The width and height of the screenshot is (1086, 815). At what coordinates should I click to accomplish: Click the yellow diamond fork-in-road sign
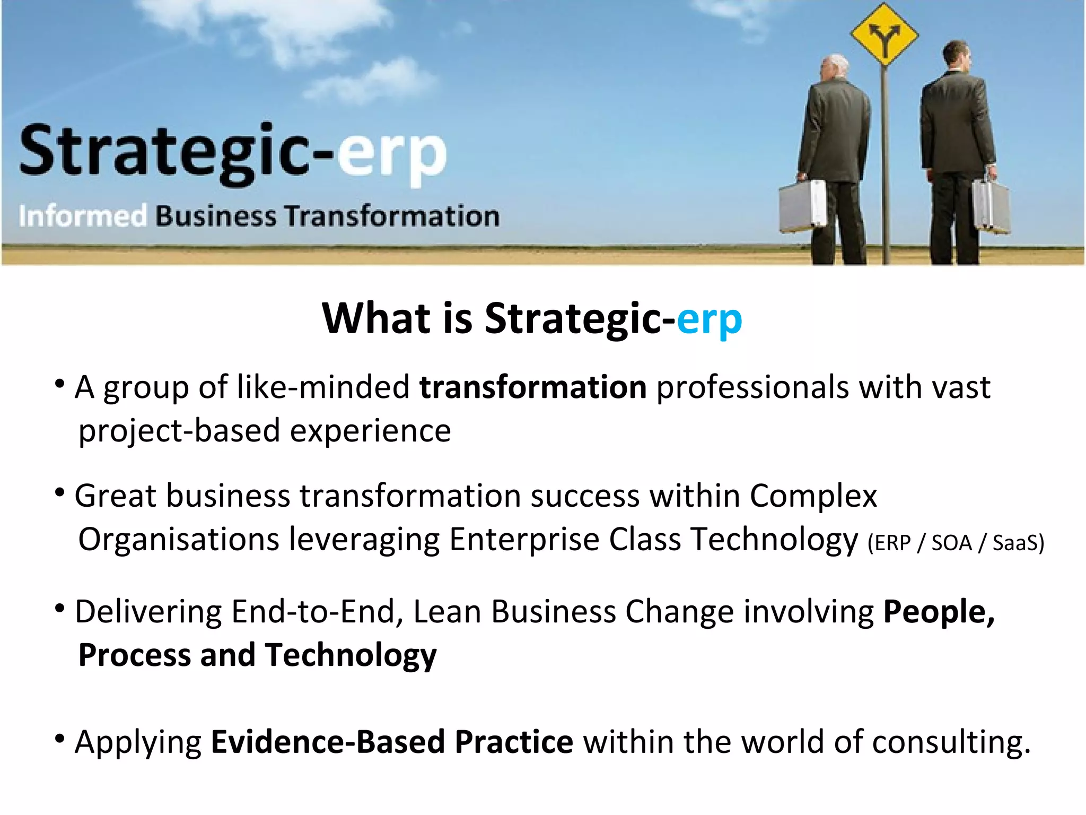pyautogui.click(x=883, y=34)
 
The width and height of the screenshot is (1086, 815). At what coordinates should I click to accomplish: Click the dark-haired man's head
pyautogui.click(x=957, y=57)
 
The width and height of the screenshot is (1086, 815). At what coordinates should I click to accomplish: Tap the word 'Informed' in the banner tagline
pyautogui.click(x=83, y=216)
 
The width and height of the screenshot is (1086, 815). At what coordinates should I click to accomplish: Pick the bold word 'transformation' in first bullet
pyautogui.click(x=532, y=387)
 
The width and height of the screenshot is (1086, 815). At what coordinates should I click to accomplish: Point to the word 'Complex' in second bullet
pyautogui.click(x=813, y=497)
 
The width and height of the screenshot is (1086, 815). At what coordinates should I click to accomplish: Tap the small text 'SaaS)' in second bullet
pyautogui.click(x=1018, y=543)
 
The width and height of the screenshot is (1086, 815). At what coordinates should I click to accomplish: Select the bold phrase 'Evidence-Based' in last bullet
pyautogui.click(x=328, y=742)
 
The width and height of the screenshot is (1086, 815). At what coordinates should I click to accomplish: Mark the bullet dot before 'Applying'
pyautogui.click(x=60, y=738)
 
